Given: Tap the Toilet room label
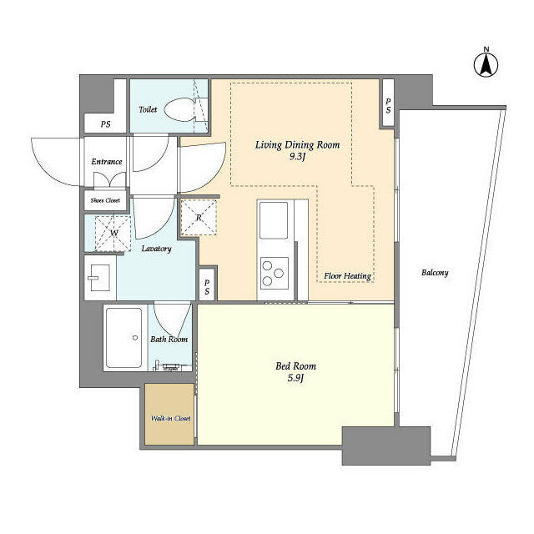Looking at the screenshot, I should (x=148, y=109).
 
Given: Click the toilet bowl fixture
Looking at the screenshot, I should (x=181, y=109).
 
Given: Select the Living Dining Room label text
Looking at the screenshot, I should (x=297, y=144).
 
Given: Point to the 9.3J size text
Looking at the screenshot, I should (x=298, y=158).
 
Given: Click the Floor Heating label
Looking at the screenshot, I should (x=347, y=276).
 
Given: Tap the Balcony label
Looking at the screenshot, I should (x=435, y=273).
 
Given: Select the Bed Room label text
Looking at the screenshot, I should (x=296, y=365).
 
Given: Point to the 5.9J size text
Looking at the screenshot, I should (x=296, y=380).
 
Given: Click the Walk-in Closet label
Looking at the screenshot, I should (x=170, y=418).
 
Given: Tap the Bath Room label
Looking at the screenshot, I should (x=169, y=340).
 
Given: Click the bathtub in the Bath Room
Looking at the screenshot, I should (x=126, y=337).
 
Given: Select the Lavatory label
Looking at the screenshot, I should (x=156, y=249).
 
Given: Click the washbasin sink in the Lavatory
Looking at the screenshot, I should (x=98, y=277).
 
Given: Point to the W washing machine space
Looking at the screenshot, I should (x=113, y=233).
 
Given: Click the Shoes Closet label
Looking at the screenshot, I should (x=105, y=200).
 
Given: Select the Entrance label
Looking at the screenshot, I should (x=107, y=162).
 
